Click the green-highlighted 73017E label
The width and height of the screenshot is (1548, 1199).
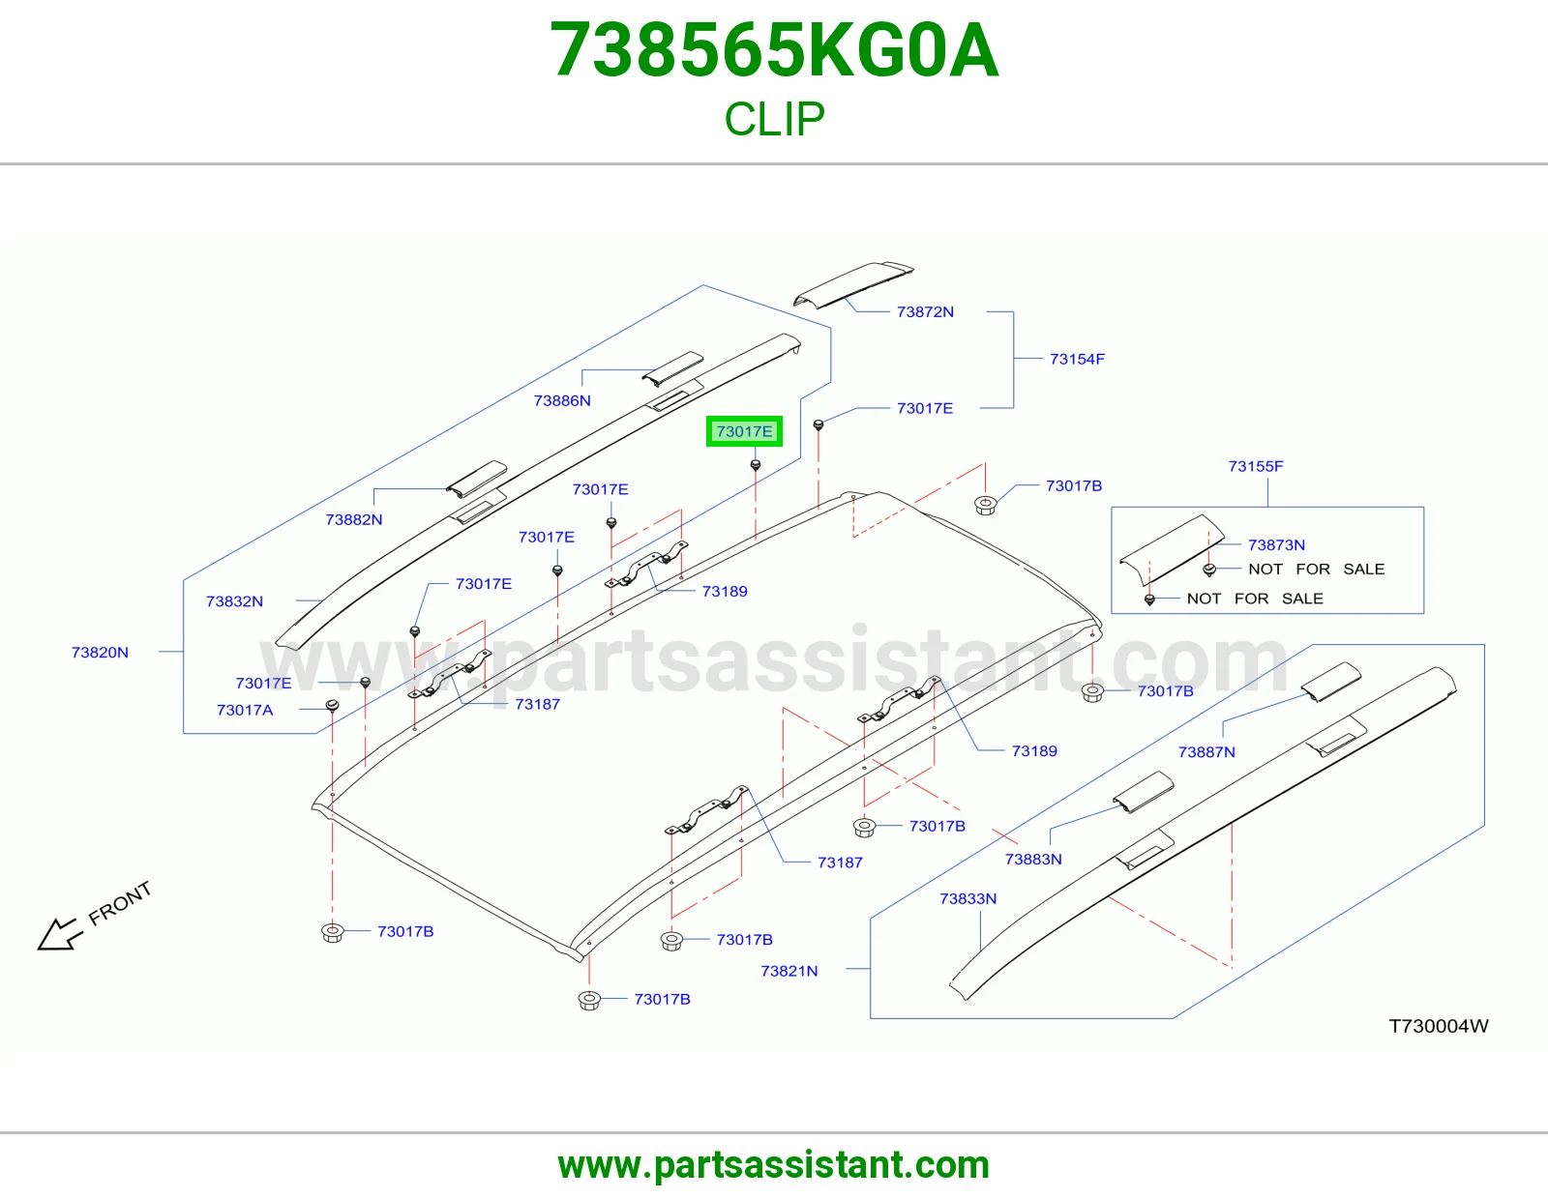tap(744, 431)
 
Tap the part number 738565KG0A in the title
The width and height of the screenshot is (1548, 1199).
tap(774, 50)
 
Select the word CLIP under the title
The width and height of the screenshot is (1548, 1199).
tap(774, 118)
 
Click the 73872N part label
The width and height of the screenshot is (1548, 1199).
tap(925, 312)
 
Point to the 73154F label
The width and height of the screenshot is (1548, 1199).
tap(1077, 359)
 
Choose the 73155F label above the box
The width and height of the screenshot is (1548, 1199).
tap(1255, 466)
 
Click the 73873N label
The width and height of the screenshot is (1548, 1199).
tap(1276, 544)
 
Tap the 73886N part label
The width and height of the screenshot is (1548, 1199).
tap(562, 401)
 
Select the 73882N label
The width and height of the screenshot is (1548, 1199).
tap(354, 520)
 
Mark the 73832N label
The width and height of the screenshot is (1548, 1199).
tap(234, 601)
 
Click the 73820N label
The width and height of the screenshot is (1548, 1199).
tap(100, 652)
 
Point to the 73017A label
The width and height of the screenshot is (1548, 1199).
tap(245, 710)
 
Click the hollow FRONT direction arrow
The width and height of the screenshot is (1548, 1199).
tap(59, 933)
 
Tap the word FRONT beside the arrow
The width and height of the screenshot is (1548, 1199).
tap(120, 903)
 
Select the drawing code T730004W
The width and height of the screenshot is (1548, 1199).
tap(1439, 1026)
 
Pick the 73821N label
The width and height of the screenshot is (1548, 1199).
tap(789, 971)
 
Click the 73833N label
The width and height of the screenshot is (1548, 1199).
tap(968, 898)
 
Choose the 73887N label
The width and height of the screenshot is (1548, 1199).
tap(1206, 752)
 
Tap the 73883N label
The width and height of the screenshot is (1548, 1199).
tap(1033, 860)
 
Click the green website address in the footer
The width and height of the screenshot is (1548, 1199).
tap(774, 1165)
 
